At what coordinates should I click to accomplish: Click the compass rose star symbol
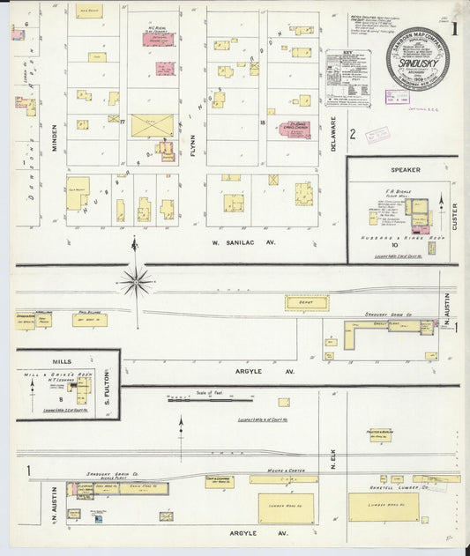[136, 282]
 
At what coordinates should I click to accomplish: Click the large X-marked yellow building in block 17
[153, 125]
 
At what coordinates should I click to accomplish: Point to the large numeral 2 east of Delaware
[352, 134]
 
